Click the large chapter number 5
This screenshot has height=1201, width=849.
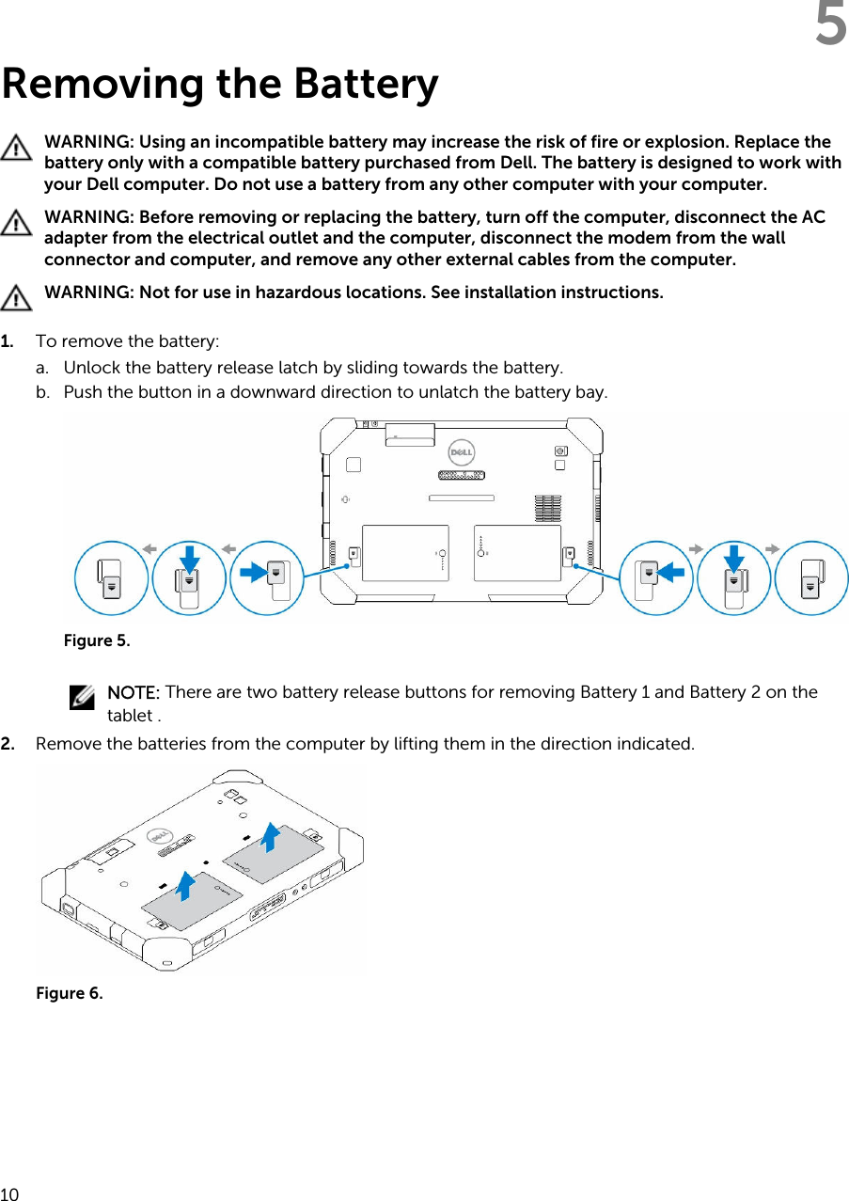[x=830, y=25]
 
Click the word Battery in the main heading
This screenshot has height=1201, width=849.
[x=366, y=85]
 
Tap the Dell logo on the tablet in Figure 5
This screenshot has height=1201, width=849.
[x=459, y=452]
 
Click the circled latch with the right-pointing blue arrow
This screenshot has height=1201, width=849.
[x=267, y=577]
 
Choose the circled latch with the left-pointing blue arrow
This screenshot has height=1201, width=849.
[x=656, y=577]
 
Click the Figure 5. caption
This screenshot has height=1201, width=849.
[x=97, y=640]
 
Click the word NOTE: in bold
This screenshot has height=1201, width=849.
[x=134, y=692]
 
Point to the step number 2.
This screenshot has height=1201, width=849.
[x=8, y=744]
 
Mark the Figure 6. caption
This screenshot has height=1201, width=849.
[x=70, y=993]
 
